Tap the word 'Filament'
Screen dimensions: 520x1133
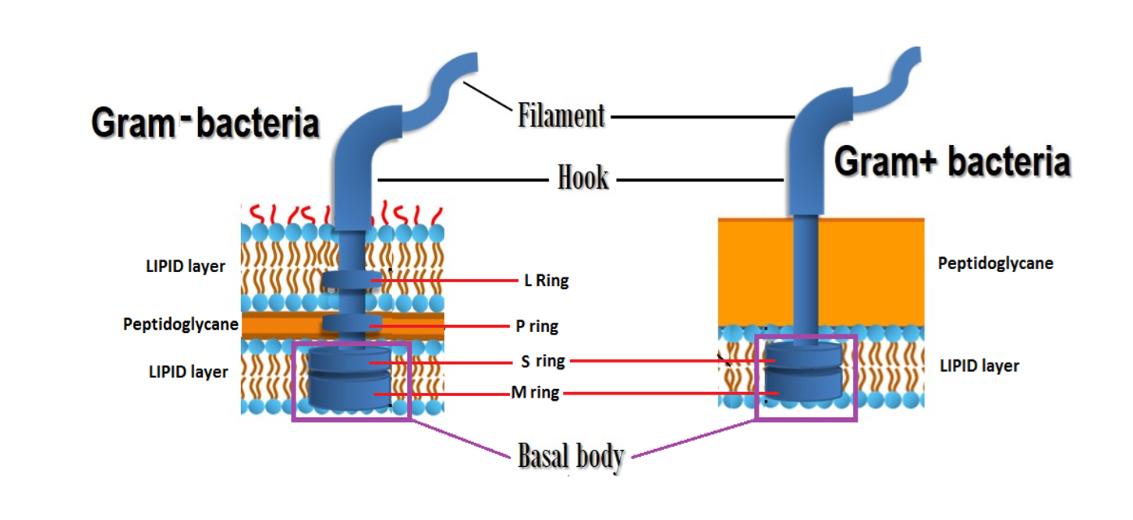[561, 116]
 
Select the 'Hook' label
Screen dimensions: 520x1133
[582, 179]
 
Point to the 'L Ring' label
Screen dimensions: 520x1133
[546, 281]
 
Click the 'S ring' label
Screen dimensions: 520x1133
[543, 361]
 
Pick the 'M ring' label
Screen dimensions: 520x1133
[535, 393]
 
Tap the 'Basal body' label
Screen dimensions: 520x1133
[571, 456]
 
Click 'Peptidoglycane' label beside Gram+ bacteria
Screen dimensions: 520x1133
[995, 264]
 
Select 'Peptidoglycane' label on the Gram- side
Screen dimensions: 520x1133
[180, 324]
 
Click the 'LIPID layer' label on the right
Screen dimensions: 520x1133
[979, 366]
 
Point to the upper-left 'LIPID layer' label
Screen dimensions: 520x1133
[186, 267]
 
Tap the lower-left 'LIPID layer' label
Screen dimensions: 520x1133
[188, 372]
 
